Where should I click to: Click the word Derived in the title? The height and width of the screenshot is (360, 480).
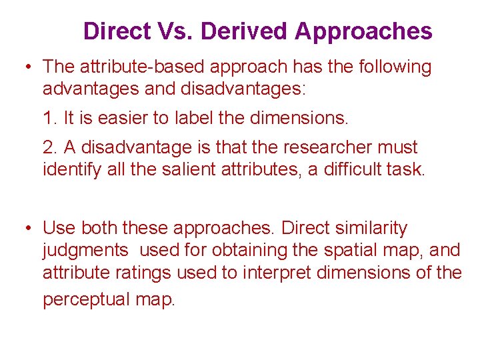pyautogui.click(x=244, y=31)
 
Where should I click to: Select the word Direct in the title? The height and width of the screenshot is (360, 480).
pyautogui.click(x=117, y=31)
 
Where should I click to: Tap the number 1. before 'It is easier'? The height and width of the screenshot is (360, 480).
pyautogui.click(x=49, y=119)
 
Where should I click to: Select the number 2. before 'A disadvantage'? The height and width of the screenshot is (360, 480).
pyautogui.click(x=49, y=147)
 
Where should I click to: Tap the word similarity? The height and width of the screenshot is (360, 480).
pyautogui.click(x=366, y=228)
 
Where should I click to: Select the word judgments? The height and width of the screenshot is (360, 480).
pyautogui.click(x=85, y=251)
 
